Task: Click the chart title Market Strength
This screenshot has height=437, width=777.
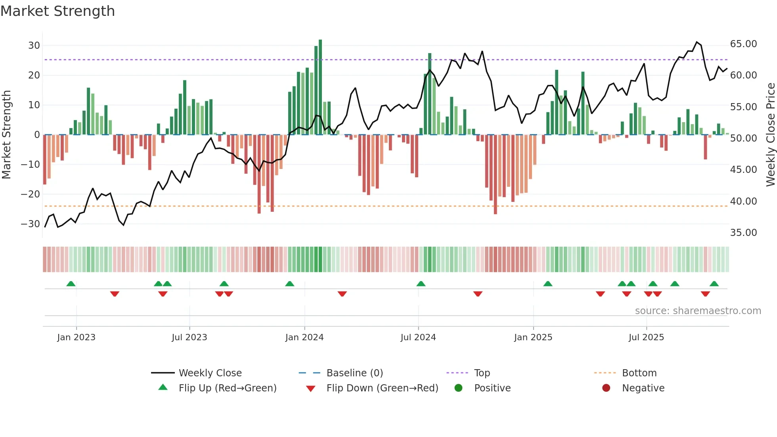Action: click(57, 11)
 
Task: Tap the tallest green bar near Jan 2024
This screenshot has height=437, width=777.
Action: click(320, 87)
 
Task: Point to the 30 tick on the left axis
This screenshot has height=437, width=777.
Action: click(34, 46)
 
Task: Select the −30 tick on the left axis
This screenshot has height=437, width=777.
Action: click(31, 224)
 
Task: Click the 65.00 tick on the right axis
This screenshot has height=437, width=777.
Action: click(743, 44)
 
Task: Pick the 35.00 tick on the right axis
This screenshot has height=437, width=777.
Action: click(743, 233)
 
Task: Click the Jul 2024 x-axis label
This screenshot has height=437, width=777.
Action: click(418, 337)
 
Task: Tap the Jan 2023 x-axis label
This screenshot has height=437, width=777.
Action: click(76, 337)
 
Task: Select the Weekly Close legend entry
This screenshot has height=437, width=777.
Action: click(210, 373)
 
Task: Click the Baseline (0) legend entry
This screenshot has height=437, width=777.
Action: click(354, 373)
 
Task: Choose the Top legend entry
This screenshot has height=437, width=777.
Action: click(482, 373)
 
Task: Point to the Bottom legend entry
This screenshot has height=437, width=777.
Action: click(639, 373)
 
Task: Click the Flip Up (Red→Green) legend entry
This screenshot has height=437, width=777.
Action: click(227, 388)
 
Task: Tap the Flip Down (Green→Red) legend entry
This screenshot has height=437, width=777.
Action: click(382, 388)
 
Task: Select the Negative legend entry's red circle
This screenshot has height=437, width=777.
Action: click(606, 388)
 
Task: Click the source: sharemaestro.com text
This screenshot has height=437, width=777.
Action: click(698, 311)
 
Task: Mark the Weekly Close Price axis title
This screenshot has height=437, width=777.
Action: click(770, 135)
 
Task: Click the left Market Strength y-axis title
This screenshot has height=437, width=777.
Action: click(6, 135)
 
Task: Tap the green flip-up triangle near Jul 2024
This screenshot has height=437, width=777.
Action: click(421, 284)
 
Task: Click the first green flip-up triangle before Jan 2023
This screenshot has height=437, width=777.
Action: click(71, 284)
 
